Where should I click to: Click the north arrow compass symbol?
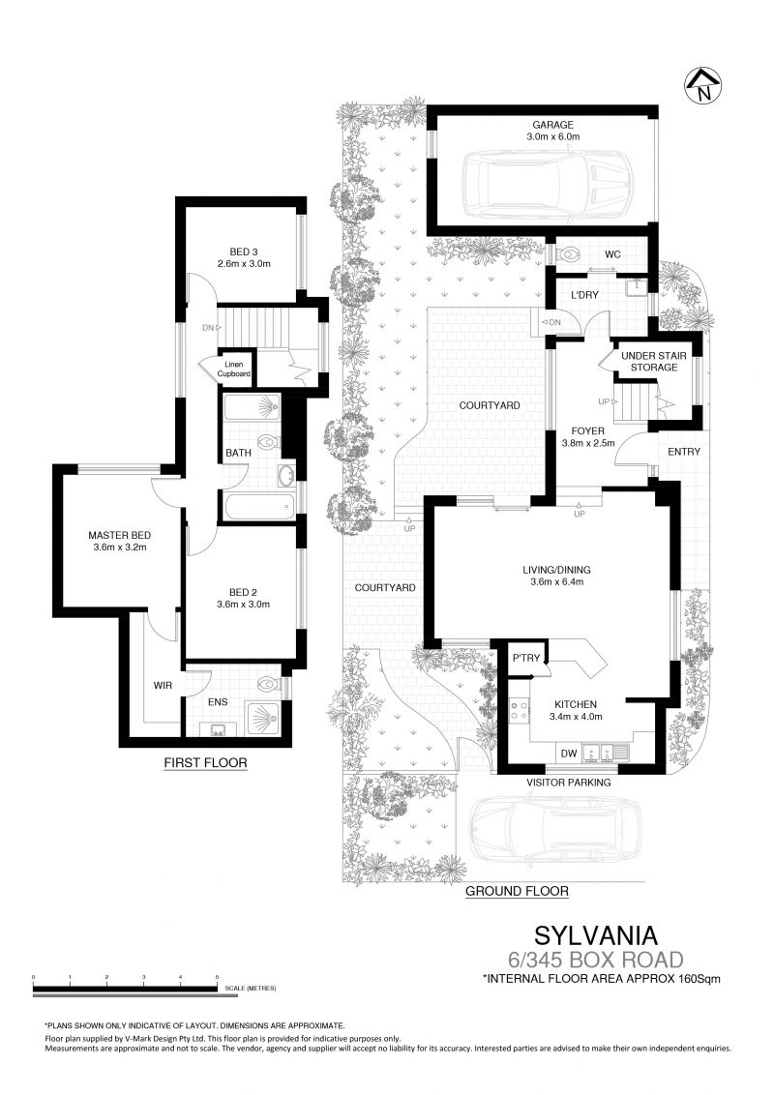click(702, 85)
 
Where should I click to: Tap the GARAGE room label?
click(553, 126)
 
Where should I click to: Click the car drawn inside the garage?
click(548, 184)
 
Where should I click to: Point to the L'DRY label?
click(584, 295)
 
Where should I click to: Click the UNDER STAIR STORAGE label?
click(654, 361)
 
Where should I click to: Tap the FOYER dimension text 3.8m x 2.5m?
click(587, 443)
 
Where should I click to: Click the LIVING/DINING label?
click(556, 570)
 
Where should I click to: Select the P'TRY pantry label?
click(526, 658)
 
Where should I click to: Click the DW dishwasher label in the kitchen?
click(569, 754)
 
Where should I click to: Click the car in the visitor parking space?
click(555, 827)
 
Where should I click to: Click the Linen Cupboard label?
click(233, 370)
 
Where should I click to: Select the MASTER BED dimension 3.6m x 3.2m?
click(119, 547)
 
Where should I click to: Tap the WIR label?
click(163, 685)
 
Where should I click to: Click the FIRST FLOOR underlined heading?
click(205, 762)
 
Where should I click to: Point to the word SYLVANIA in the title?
click(596, 935)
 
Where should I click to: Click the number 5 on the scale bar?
click(218, 977)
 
